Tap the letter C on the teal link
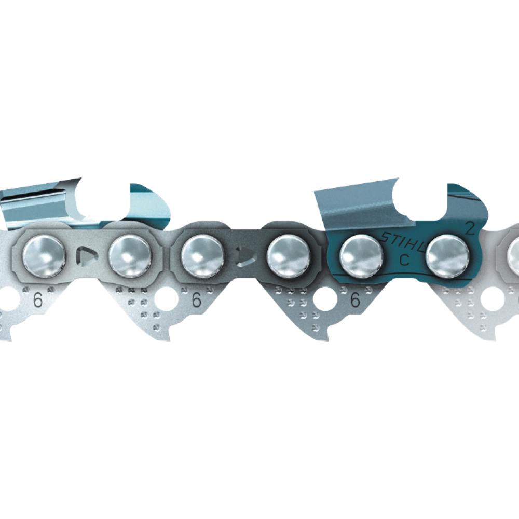[x=404, y=260]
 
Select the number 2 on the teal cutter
[x=470, y=228]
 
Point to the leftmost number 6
[x=38, y=300]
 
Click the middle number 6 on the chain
[x=196, y=300]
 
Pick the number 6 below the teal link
[x=355, y=300]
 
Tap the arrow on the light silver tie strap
[x=87, y=256]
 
